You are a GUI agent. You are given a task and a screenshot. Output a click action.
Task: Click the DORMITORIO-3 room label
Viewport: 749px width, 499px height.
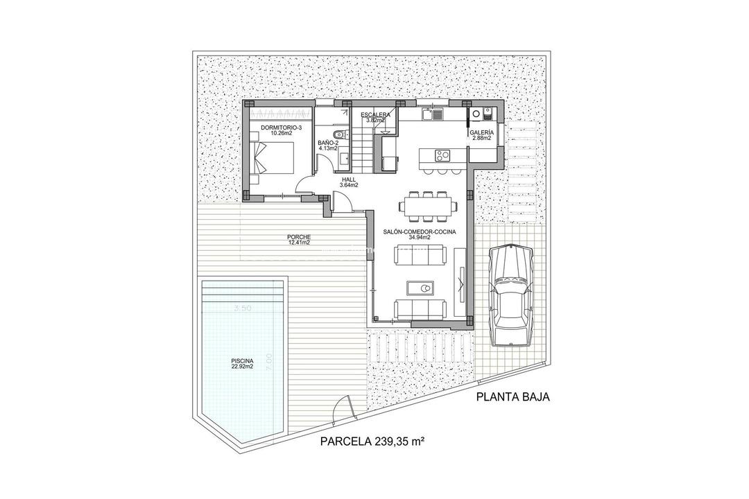[x=282, y=129]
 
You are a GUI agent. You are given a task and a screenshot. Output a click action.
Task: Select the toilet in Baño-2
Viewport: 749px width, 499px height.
[x=336, y=135]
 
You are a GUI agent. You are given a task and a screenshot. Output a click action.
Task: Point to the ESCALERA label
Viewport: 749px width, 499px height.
[x=375, y=115]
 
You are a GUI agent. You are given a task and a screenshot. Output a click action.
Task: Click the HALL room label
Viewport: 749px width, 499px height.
[x=349, y=179]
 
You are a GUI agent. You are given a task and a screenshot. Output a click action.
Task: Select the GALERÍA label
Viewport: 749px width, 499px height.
[x=481, y=132]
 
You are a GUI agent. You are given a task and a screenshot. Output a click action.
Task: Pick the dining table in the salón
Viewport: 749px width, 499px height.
[x=428, y=205]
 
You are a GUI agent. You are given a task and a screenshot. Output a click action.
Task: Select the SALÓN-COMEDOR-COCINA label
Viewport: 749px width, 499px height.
[x=420, y=231]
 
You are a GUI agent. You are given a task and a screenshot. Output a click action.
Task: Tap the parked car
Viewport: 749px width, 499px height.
[x=510, y=295]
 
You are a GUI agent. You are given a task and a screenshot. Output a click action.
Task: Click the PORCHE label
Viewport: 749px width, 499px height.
[x=300, y=237]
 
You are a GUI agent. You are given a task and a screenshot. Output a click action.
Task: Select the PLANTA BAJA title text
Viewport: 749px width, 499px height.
[x=513, y=397]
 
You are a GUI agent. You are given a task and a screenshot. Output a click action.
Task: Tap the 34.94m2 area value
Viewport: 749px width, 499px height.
[x=420, y=238]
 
